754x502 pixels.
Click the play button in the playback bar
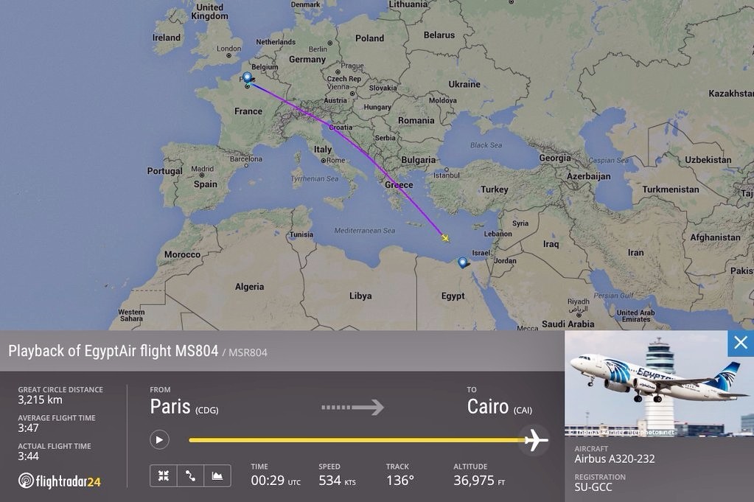159,440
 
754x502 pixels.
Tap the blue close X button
740,343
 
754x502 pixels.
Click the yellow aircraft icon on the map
445,237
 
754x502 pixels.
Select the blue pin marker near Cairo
463,262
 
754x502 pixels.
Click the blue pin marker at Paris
247,77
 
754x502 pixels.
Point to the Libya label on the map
360,296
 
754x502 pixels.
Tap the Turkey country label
494,189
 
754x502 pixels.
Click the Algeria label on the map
249,287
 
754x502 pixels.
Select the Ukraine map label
464,84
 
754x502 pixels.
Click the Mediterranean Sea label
364,231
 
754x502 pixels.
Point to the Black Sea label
486,145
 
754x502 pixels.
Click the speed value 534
329,481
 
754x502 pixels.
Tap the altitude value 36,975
474,481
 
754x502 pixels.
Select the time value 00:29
268,481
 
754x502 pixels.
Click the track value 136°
399,481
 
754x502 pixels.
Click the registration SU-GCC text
593,487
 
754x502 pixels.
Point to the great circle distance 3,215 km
41,400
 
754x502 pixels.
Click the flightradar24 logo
59,481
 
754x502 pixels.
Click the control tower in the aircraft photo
659,369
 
